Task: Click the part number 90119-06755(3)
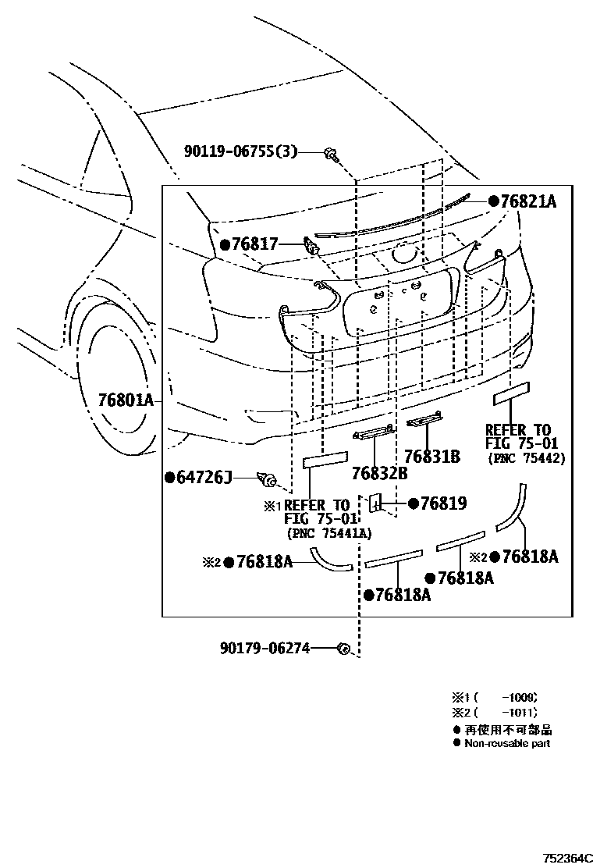tap(241, 151)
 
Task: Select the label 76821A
tap(527, 201)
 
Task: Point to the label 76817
tap(254, 244)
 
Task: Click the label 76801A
tap(126, 400)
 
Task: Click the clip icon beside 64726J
tap(269, 478)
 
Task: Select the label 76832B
tap(379, 472)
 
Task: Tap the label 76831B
tap(432, 457)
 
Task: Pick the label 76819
tap(443, 503)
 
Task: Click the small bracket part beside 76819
tap(375, 504)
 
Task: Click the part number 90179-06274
tap(265, 647)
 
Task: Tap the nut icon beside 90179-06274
tap(343, 648)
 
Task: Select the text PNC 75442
tap(527, 458)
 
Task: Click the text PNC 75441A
tap(328, 533)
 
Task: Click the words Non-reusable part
tap(507, 744)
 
